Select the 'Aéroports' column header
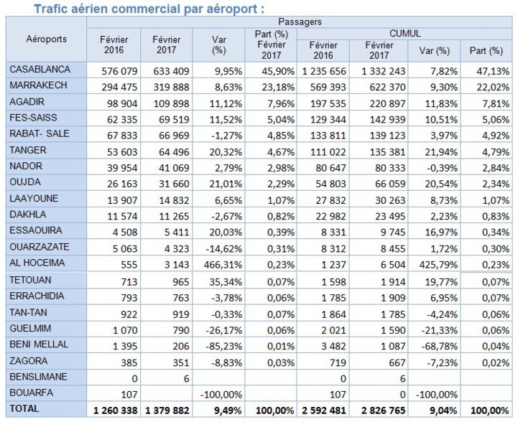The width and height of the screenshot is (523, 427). [x=46, y=39]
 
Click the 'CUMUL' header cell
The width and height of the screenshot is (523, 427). [x=404, y=33]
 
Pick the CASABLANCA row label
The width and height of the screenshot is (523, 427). [x=40, y=69]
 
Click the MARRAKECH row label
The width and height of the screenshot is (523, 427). [x=40, y=85]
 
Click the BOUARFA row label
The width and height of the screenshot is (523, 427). [x=32, y=393]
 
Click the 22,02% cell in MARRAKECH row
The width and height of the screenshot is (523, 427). [x=486, y=86]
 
